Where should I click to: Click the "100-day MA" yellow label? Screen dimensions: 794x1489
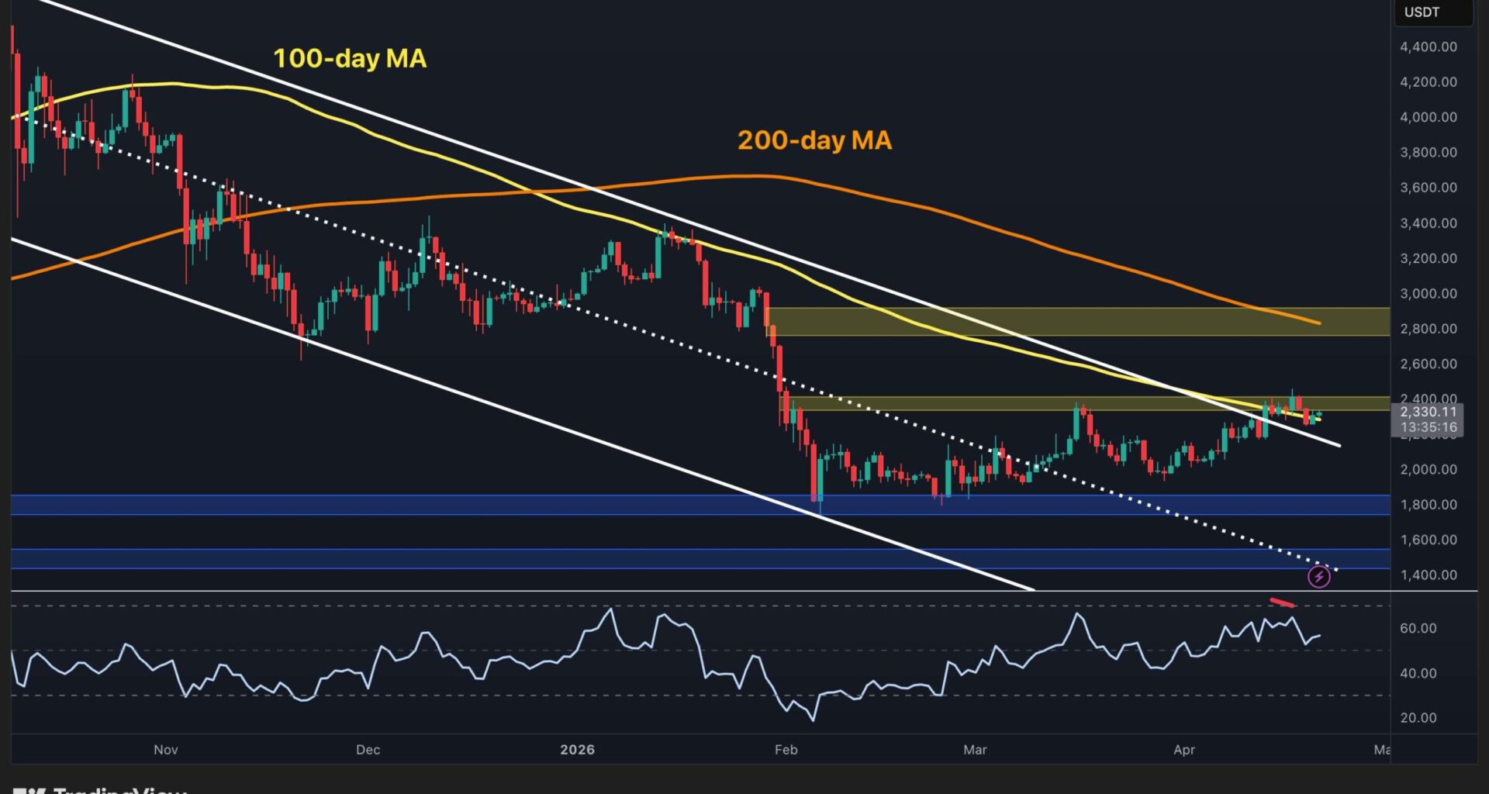pyautogui.click(x=350, y=58)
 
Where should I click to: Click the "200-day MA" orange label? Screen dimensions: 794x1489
pyautogui.click(x=814, y=140)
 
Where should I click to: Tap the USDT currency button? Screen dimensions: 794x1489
pyautogui.click(x=1422, y=12)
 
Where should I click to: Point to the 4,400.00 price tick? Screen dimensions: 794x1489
pyautogui.click(x=1428, y=47)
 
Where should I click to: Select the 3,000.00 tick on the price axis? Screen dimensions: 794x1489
pyautogui.click(x=1428, y=293)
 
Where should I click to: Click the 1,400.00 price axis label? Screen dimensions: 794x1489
pyautogui.click(x=1428, y=575)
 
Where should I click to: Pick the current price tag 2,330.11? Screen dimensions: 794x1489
pyautogui.click(x=1428, y=412)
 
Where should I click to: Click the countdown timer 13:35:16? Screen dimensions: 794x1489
pyautogui.click(x=1428, y=427)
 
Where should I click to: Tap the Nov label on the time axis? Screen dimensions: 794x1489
pyautogui.click(x=166, y=749)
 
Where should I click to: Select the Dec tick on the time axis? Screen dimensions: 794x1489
pyautogui.click(x=368, y=749)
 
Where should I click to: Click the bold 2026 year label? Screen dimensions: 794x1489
pyautogui.click(x=577, y=749)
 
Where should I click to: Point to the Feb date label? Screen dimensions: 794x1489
pyautogui.click(x=786, y=749)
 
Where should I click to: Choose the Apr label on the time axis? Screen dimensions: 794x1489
pyautogui.click(x=1184, y=749)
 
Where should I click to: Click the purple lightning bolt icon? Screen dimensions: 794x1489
pyautogui.click(x=1318, y=576)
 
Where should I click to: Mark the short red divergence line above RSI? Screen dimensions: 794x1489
pyautogui.click(x=1281, y=602)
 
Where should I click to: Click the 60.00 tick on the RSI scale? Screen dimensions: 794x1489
pyautogui.click(x=1418, y=628)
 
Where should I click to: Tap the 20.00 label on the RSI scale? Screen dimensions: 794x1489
pyautogui.click(x=1418, y=717)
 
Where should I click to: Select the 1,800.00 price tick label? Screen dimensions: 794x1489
pyautogui.click(x=1428, y=504)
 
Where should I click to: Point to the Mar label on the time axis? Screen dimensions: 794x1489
pyautogui.click(x=975, y=749)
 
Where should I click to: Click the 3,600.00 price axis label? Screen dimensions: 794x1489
pyautogui.click(x=1428, y=187)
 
